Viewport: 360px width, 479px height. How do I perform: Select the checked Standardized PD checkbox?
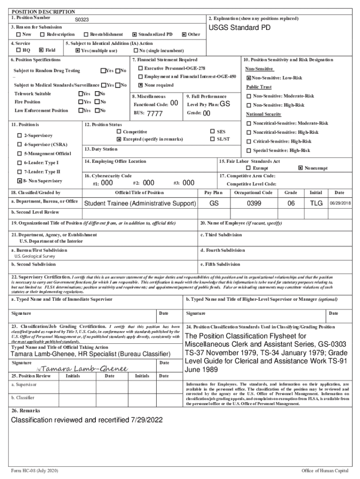(135, 35)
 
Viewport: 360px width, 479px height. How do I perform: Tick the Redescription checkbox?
(43, 35)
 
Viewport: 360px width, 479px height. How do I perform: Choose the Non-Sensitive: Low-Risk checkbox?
(249, 78)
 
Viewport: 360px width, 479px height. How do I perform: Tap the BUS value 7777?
(155, 114)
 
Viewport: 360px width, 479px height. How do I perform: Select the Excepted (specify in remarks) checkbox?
(119, 139)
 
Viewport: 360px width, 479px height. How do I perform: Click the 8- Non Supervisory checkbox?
(19, 181)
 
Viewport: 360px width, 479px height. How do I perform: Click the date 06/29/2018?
(340, 203)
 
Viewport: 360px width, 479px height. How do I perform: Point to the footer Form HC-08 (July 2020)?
(35, 470)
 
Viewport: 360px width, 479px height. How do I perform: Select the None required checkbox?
(140, 85)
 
